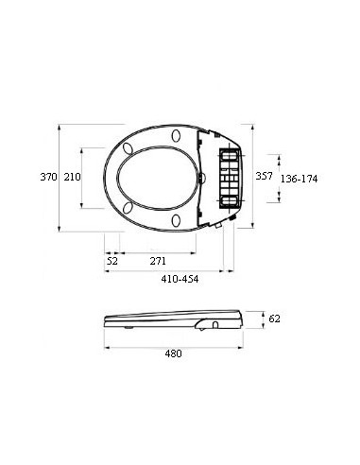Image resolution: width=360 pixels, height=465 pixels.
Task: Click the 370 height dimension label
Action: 48,177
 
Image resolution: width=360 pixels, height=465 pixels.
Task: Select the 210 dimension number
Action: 72,177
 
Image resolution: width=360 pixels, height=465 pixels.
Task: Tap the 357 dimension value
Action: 264,176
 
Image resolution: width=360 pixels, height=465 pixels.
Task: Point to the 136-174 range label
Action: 299,179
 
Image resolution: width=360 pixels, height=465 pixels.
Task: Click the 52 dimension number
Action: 112,261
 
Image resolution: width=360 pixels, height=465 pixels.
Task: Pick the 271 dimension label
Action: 158,261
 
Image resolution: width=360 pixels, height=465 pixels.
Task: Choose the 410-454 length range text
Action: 180,279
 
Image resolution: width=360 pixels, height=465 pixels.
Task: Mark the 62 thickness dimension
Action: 274,319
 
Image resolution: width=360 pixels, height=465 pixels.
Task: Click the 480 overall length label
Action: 173,353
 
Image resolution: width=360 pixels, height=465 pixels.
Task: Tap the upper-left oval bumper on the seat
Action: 128,148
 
